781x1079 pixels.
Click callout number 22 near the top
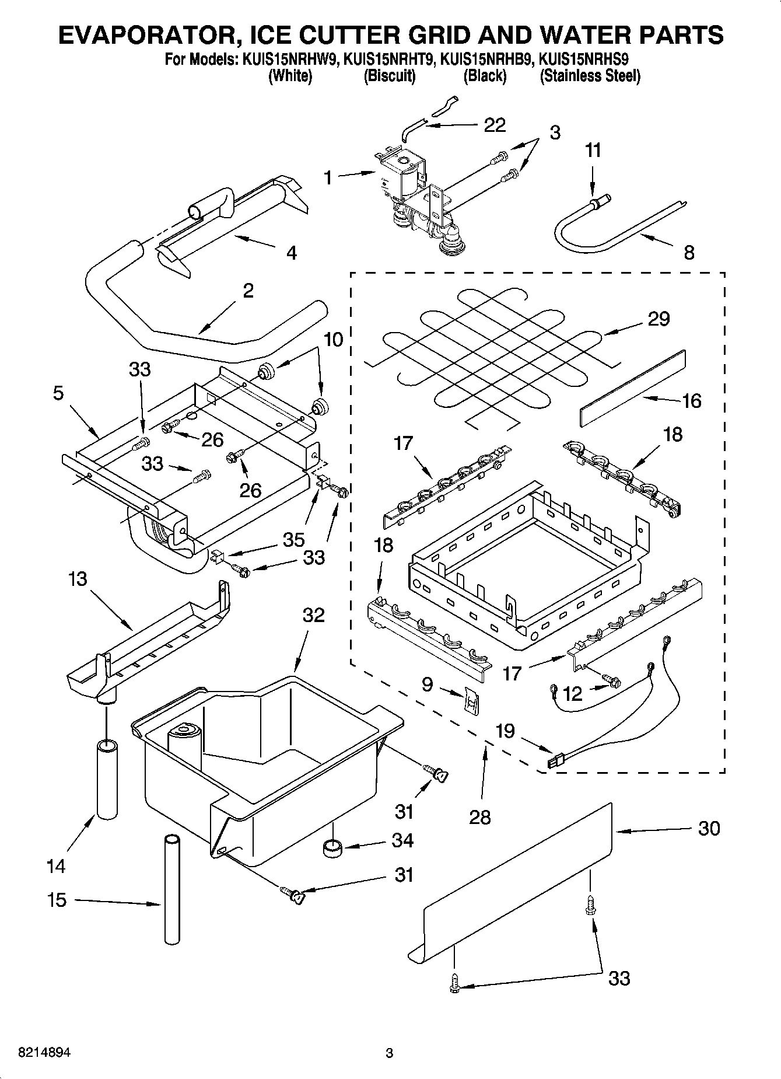495,124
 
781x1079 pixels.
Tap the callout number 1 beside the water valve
328,177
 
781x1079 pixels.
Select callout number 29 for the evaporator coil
659,319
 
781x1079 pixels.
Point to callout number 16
692,401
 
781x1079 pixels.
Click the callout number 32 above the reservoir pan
314,614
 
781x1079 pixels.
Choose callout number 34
403,840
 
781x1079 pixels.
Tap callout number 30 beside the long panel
709,828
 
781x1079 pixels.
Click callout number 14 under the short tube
56,867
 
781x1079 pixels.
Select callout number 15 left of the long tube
57,900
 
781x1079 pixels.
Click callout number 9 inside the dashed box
427,684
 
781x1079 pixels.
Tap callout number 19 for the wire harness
505,730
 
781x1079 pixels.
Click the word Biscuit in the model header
390,76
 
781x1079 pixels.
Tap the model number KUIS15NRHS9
584,59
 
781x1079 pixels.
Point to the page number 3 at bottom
390,1053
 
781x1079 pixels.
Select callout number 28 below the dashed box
480,817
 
